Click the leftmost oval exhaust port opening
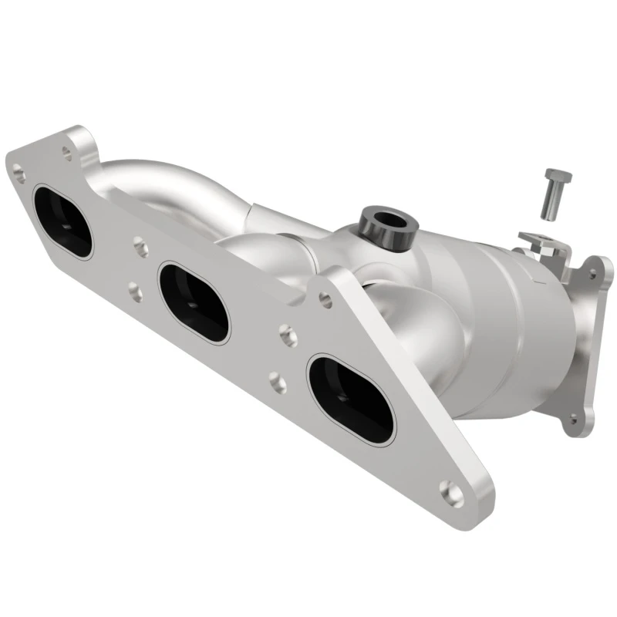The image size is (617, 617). [x=62, y=222]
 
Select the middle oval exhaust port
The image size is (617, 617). [x=194, y=302]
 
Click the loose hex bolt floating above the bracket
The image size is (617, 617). [x=554, y=192]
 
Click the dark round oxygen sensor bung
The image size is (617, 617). [x=388, y=222]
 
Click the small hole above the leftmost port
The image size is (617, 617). [x=67, y=154]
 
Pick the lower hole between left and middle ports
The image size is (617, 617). [x=134, y=291]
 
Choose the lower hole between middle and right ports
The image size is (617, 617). [x=276, y=381]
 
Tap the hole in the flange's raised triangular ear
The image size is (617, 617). [x=325, y=300]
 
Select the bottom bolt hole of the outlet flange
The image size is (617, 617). [x=571, y=419]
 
